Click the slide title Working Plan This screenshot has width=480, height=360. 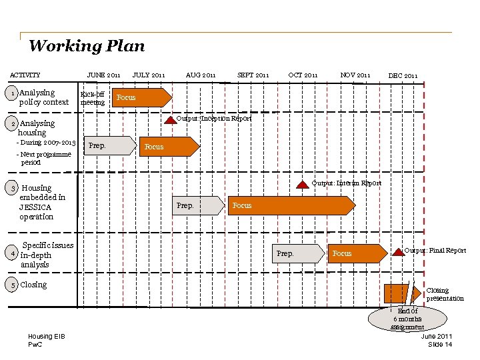(86, 46)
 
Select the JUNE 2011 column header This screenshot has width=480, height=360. (103, 75)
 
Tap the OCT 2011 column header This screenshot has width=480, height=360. (303, 75)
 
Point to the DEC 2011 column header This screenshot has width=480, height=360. (403, 76)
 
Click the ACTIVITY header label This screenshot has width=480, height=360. (25, 75)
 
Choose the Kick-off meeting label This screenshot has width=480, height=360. (93, 99)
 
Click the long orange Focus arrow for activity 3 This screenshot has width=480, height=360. (290, 205)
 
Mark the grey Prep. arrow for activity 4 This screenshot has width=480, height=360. (297, 253)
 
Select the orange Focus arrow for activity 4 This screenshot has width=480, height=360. (357, 253)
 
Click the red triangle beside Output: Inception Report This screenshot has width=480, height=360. (170, 119)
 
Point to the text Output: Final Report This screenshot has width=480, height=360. (435, 251)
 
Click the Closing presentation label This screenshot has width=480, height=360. (445, 294)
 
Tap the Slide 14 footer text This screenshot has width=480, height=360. (439, 344)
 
